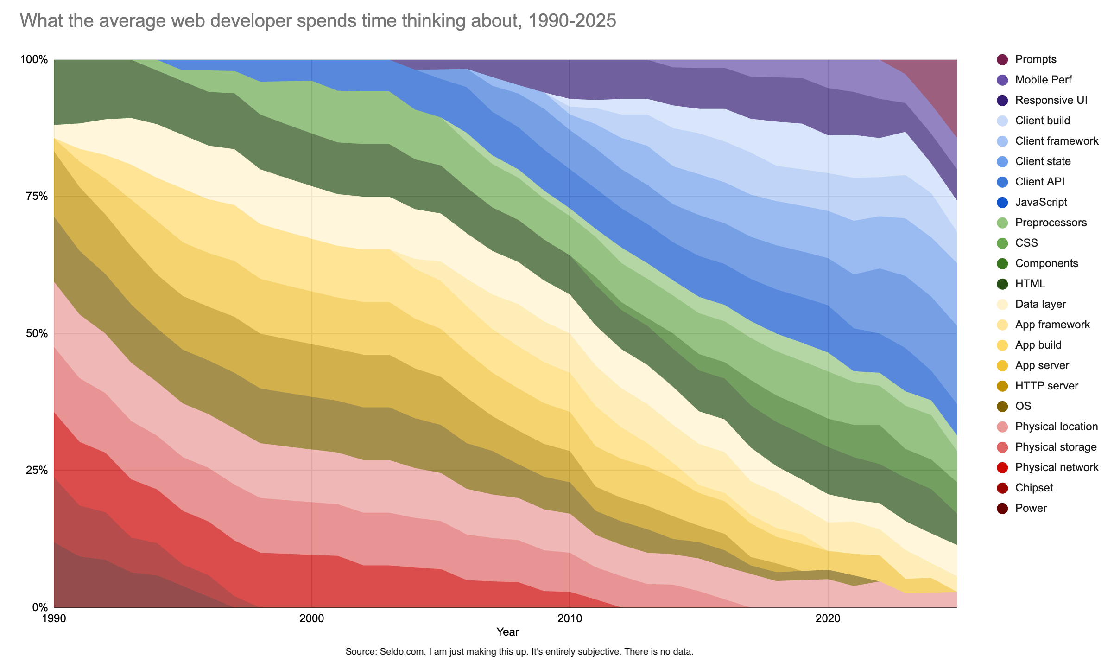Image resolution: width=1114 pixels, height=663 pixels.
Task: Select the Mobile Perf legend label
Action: [1043, 80]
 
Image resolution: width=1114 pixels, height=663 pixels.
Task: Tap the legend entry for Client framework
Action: [1056, 141]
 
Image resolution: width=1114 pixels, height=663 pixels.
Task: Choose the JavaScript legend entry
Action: [1041, 202]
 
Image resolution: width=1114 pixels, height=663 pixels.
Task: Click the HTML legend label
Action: [1030, 284]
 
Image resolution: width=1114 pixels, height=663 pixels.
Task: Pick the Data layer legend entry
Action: [1040, 304]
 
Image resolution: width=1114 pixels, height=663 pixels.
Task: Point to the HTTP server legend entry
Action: [1046, 386]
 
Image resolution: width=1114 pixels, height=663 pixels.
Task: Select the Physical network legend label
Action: [1056, 467]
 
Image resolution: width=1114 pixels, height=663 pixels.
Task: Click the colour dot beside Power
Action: [1002, 508]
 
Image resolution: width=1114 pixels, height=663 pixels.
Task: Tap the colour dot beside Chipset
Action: [1002, 488]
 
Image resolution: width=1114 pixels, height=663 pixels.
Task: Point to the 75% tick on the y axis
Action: [34, 197]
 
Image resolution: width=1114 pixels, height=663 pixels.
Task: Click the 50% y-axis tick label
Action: [34, 333]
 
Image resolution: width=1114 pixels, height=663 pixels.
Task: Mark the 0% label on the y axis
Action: [38, 607]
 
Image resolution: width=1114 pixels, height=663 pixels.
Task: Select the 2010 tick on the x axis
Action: [570, 618]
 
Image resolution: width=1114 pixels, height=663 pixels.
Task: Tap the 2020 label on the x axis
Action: [828, 618]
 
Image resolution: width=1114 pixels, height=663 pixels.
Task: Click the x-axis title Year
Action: [507, 631]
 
